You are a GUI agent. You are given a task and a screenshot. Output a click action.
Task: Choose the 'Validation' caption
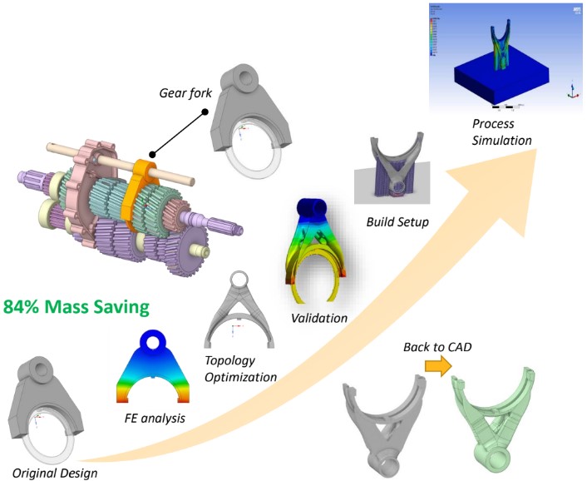click(319, 318)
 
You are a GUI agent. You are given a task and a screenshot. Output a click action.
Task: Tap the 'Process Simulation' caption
click(501, 132)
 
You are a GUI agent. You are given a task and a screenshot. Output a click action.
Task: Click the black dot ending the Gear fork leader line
click(153, 155)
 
